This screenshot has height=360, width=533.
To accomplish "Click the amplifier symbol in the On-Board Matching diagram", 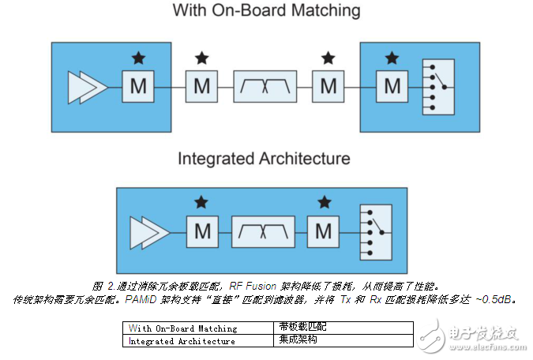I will pyautogui.click(x=87, y=86).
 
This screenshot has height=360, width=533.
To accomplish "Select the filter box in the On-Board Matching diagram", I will pyautogui.click(x=265, y=86).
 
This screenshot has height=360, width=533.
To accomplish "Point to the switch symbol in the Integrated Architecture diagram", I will pyautogui.click(x=374, y=231).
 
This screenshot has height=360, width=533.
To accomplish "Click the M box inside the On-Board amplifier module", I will pyautogui.click(x=138, y=86).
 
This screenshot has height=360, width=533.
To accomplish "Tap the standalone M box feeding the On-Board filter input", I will pyautogui.click(x=201, y=86).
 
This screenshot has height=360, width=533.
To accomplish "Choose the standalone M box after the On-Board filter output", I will pyautogui.click(x=328, y=86).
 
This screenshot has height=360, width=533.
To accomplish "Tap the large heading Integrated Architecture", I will pyautogui.click(x=263, y=158).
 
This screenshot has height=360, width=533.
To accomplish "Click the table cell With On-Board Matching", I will pyautogui.click(x=182, y=328).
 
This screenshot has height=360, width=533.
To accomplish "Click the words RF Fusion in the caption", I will pyautogui.click(x=254, y=286).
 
